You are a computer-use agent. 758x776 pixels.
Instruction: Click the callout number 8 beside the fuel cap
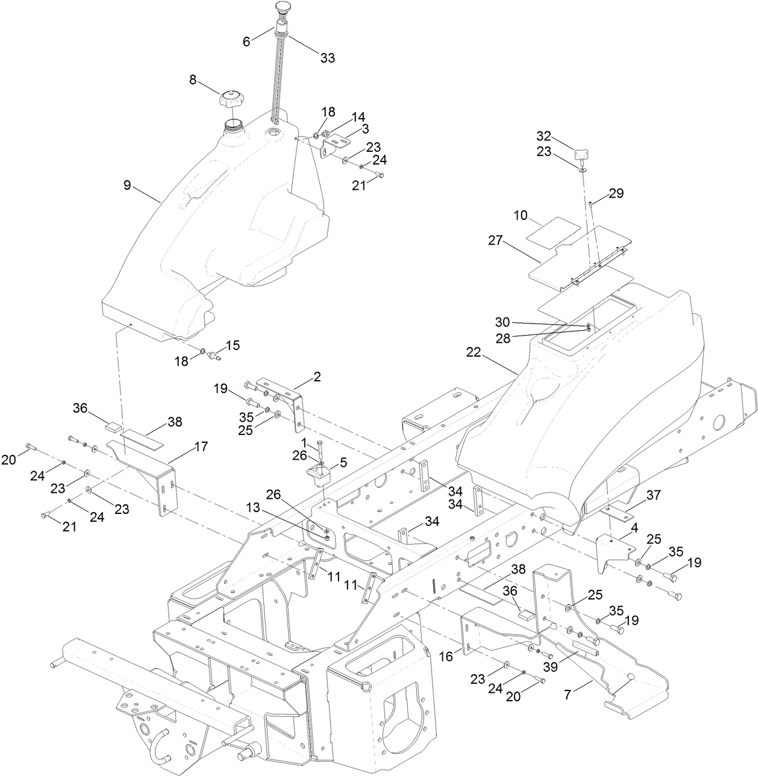tap(193, 79)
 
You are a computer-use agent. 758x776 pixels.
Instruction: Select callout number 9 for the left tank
tap(127, 185)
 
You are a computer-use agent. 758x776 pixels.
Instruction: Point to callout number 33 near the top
tap(327, 58)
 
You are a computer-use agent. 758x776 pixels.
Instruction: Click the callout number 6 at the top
tap(246, 42)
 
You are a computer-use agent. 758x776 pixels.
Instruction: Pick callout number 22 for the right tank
tap(474, 352)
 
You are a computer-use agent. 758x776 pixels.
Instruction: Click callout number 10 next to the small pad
tap(521, 215)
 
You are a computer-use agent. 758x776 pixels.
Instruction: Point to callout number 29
tap(616, 193)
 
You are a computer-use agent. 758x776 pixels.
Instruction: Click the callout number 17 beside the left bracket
tap(201, 446)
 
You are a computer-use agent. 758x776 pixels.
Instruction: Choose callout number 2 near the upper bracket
tap(317, 377)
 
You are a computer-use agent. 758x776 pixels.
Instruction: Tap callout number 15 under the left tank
tap(233, 345)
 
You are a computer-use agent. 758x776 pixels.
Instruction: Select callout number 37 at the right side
tap(653, 495)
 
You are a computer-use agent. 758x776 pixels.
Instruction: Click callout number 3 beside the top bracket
tap(365, 129)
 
